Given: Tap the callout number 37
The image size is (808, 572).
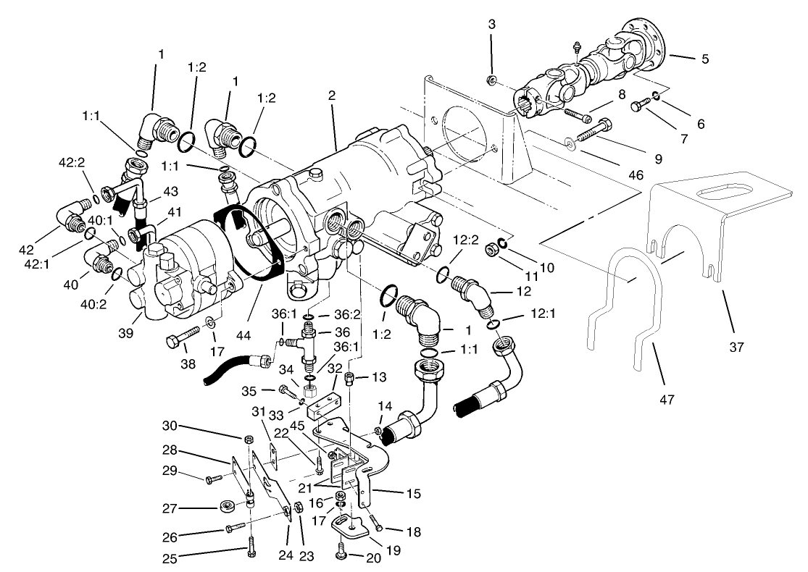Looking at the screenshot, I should click(x=736, y=348).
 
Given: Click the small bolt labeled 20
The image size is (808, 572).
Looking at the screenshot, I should click(x=341, y=555).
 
